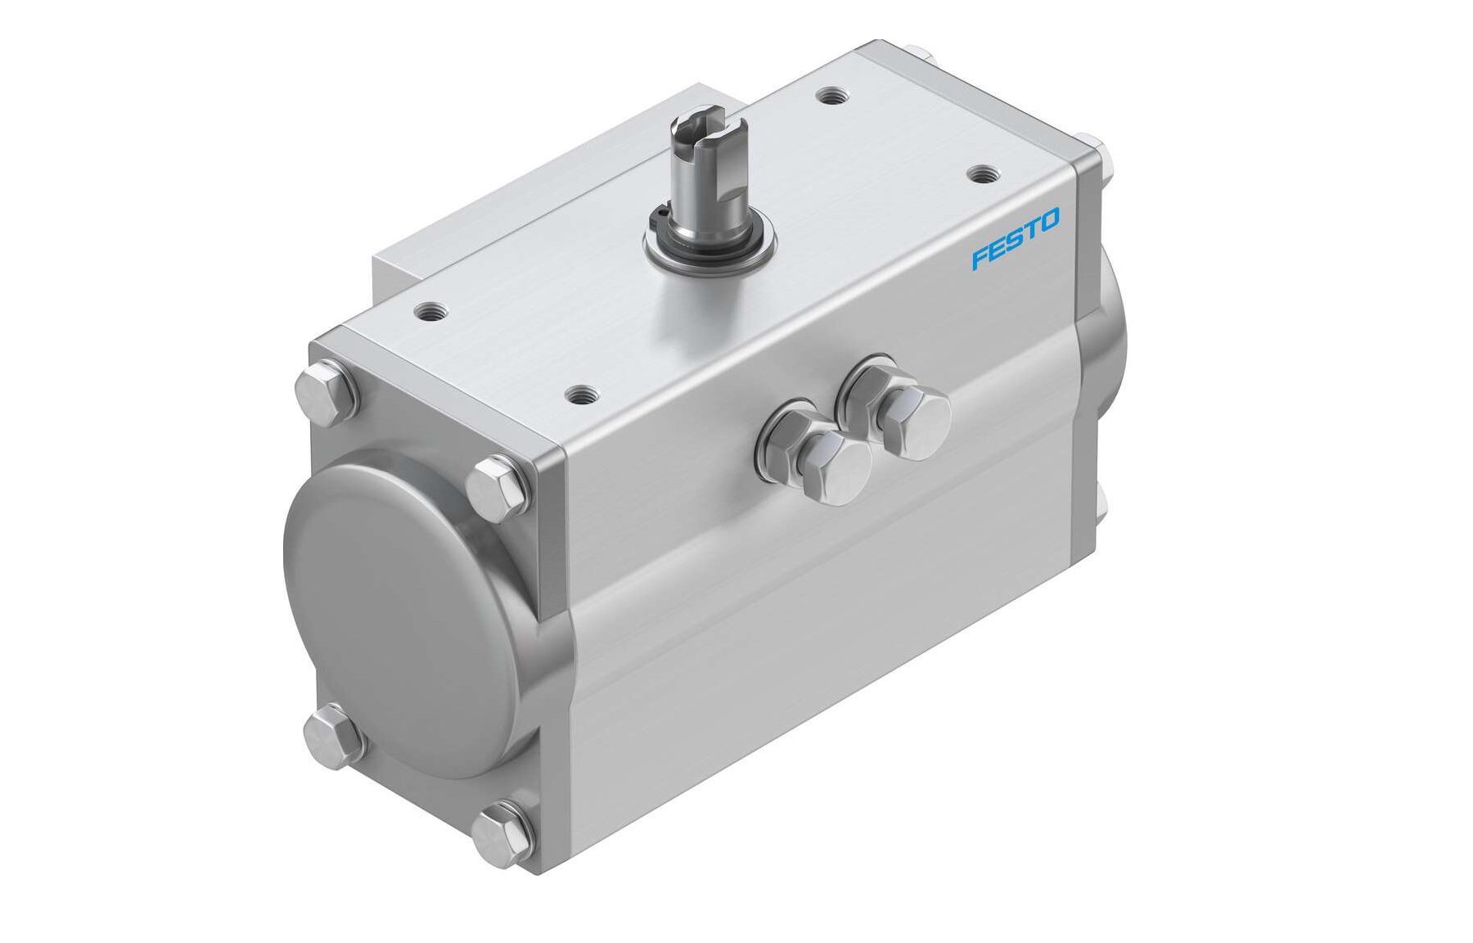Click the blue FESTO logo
[1016, 238]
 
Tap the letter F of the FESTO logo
[980, 256]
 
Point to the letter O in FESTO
[1050, 219]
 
